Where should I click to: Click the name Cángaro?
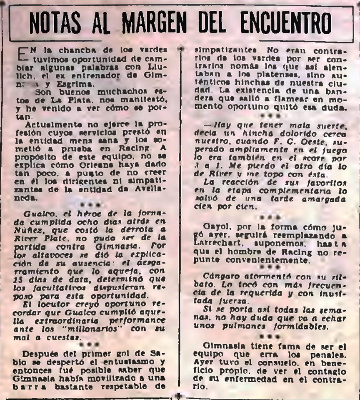pyautogui.click(x=220, y=276)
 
